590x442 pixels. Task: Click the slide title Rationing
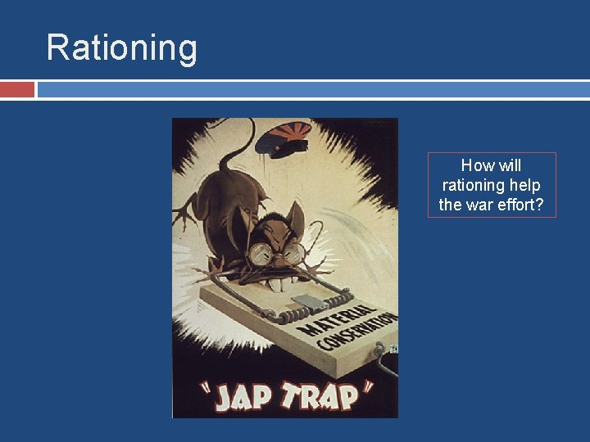click(121, 47)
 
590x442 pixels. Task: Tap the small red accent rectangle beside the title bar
click(17, 89)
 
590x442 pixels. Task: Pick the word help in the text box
click(524, 186)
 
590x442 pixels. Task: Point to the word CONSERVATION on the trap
click(356, 331)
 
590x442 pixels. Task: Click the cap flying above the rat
click(281, 138)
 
